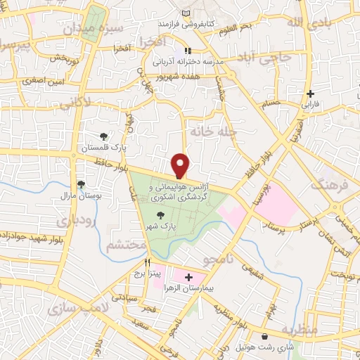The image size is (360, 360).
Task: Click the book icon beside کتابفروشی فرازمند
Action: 186,13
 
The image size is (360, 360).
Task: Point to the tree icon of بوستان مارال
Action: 82,184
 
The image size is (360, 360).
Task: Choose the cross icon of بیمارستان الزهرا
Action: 188,278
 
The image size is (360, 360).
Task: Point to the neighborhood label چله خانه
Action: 214,131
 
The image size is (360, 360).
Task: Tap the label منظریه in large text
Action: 301,330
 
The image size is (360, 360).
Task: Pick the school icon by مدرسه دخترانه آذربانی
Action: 188,51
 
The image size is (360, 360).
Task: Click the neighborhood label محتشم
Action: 126,245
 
